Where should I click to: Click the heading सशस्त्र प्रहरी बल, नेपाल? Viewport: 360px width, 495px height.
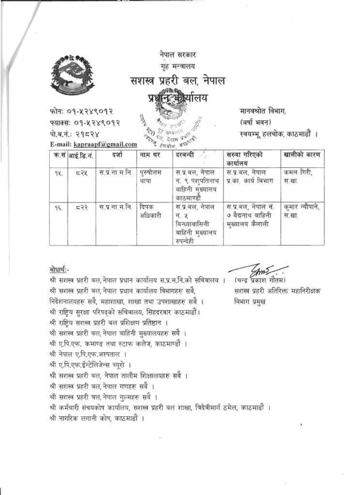coord(177,80)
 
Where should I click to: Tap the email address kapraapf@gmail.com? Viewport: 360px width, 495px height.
coord(105,144)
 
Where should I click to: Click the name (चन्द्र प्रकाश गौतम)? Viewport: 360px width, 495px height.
coord(263,280)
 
